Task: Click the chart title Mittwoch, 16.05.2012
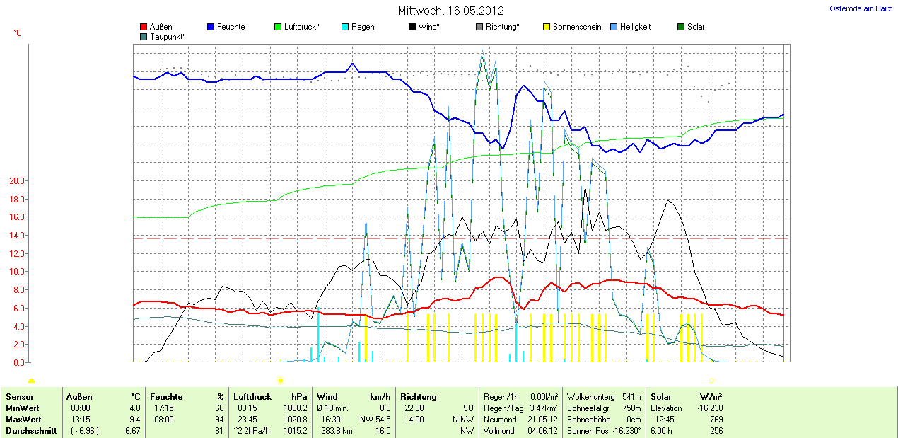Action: pos(450,11)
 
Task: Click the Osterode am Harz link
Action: pos(860,9)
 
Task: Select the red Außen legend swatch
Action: pos(144,27)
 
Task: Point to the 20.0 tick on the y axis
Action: pos(16,181)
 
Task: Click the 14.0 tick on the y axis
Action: pos(16,236)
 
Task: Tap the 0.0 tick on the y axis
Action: pos(18,362)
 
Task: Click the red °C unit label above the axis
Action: pos(18,33)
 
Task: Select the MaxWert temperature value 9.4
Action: pos(135,420)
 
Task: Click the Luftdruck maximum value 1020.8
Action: pos(296,420)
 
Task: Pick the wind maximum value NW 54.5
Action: pos(375,420)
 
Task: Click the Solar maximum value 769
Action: pos(716,420)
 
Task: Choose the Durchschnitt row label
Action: pos(30,431)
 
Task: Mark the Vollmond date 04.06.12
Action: pos(541,431)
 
